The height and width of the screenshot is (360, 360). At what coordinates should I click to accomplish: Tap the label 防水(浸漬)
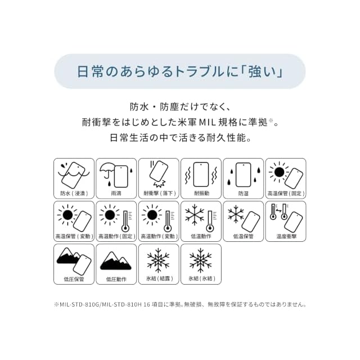[74, 193]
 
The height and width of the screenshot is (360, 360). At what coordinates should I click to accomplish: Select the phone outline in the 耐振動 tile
[201, 174]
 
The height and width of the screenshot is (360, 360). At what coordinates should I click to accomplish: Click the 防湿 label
[243, 193]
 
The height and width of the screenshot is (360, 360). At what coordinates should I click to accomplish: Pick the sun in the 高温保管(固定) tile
[279, 172]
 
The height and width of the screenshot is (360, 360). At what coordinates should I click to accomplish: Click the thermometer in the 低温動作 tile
[210, 221]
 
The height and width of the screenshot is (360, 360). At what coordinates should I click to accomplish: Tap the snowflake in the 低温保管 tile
[236, 215]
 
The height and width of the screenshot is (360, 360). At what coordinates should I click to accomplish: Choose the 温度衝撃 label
[286, 236]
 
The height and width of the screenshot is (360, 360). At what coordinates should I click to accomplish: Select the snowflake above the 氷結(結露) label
[159, 260]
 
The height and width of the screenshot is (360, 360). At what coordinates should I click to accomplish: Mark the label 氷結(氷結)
[201, 279]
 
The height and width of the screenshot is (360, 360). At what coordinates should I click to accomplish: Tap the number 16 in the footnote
[147, 305]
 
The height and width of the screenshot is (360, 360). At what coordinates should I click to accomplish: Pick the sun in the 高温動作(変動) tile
[152, 215]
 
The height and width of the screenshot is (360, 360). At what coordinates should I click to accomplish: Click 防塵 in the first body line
[169, 107]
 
